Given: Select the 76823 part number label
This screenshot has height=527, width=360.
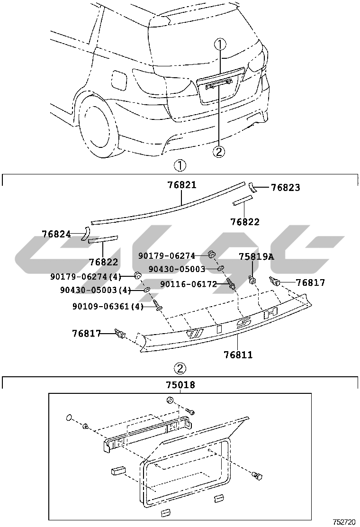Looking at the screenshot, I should pos(285,188).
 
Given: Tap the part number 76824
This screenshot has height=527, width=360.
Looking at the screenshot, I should pos(56,234).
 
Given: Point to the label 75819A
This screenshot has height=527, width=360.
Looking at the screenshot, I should pos(256,256).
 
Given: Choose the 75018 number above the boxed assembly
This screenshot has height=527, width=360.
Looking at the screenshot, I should pos(180,385).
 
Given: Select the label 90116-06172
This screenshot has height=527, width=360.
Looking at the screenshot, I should pos(188,284).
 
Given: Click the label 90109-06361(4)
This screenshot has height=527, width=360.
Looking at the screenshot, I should pos(108,307).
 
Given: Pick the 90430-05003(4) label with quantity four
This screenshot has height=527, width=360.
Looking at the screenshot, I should pos(95,290).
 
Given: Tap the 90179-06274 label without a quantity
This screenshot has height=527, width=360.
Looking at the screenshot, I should pos(167,255).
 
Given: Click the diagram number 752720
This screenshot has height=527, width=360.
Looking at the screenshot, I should pos(344,522).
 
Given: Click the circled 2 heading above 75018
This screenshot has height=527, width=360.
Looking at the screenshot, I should pos(180,368).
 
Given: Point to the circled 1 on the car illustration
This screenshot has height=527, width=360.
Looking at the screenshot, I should pos(220,45).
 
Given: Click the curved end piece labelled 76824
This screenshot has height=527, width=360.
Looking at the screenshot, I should pos(86,233).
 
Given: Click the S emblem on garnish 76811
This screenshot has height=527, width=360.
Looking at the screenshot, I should pos(244,323).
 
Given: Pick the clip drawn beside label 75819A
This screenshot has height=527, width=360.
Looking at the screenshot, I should pos(252,279).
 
